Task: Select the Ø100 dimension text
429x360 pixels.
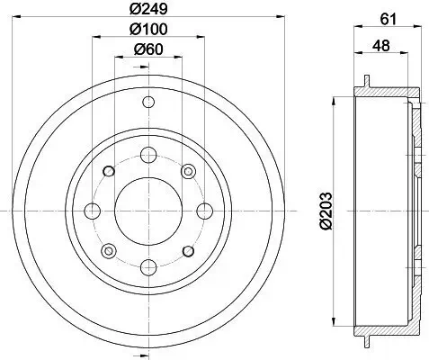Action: point(147,31)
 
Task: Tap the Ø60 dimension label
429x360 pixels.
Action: point(147,49)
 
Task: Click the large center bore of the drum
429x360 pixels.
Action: point(147,210)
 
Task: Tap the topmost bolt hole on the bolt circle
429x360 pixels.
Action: point(147,154)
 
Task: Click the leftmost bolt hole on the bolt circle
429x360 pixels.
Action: point(91,210)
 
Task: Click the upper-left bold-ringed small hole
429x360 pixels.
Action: point(108,171)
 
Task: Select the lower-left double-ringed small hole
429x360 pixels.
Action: point(108,249)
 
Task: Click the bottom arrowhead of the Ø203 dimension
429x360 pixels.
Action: point(335,322)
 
